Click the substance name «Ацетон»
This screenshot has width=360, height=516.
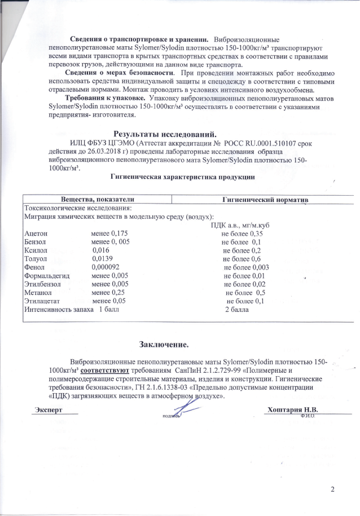pos(36,233)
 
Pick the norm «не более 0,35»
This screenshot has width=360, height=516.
pos(243,233)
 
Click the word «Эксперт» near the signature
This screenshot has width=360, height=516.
pos(48,408)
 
